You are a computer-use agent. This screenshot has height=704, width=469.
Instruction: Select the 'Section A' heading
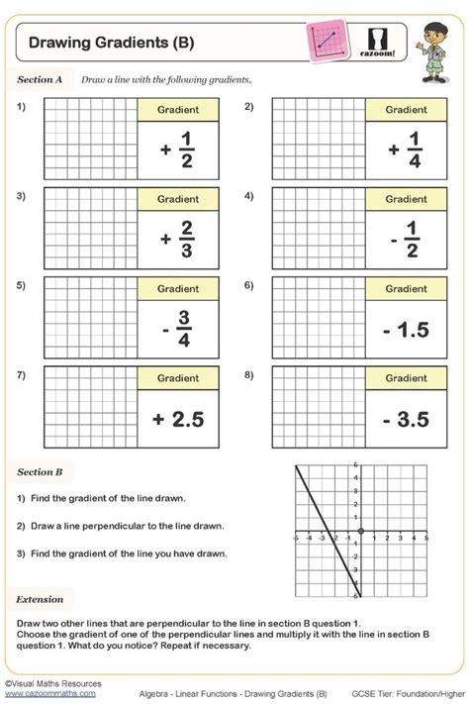tap(41, 78)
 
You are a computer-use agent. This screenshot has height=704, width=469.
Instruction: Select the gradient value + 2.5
tap(178, 419)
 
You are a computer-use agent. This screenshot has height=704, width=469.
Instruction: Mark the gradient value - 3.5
tap(406, 419)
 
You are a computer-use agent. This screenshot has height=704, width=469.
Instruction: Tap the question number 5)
tap(21, 286)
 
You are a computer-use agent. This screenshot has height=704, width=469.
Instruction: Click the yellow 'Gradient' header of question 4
tap(406, 199)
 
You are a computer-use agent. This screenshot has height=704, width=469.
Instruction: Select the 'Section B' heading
tap(41, 472)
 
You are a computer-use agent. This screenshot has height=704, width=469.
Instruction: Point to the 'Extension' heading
tap(39, 600)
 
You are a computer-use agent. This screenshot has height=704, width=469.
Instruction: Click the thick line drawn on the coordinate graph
tap(328, 532)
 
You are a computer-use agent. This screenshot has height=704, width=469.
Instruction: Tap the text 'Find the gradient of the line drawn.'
tap(108, 498)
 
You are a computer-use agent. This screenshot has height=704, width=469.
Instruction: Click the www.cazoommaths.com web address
tap(49, 693)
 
